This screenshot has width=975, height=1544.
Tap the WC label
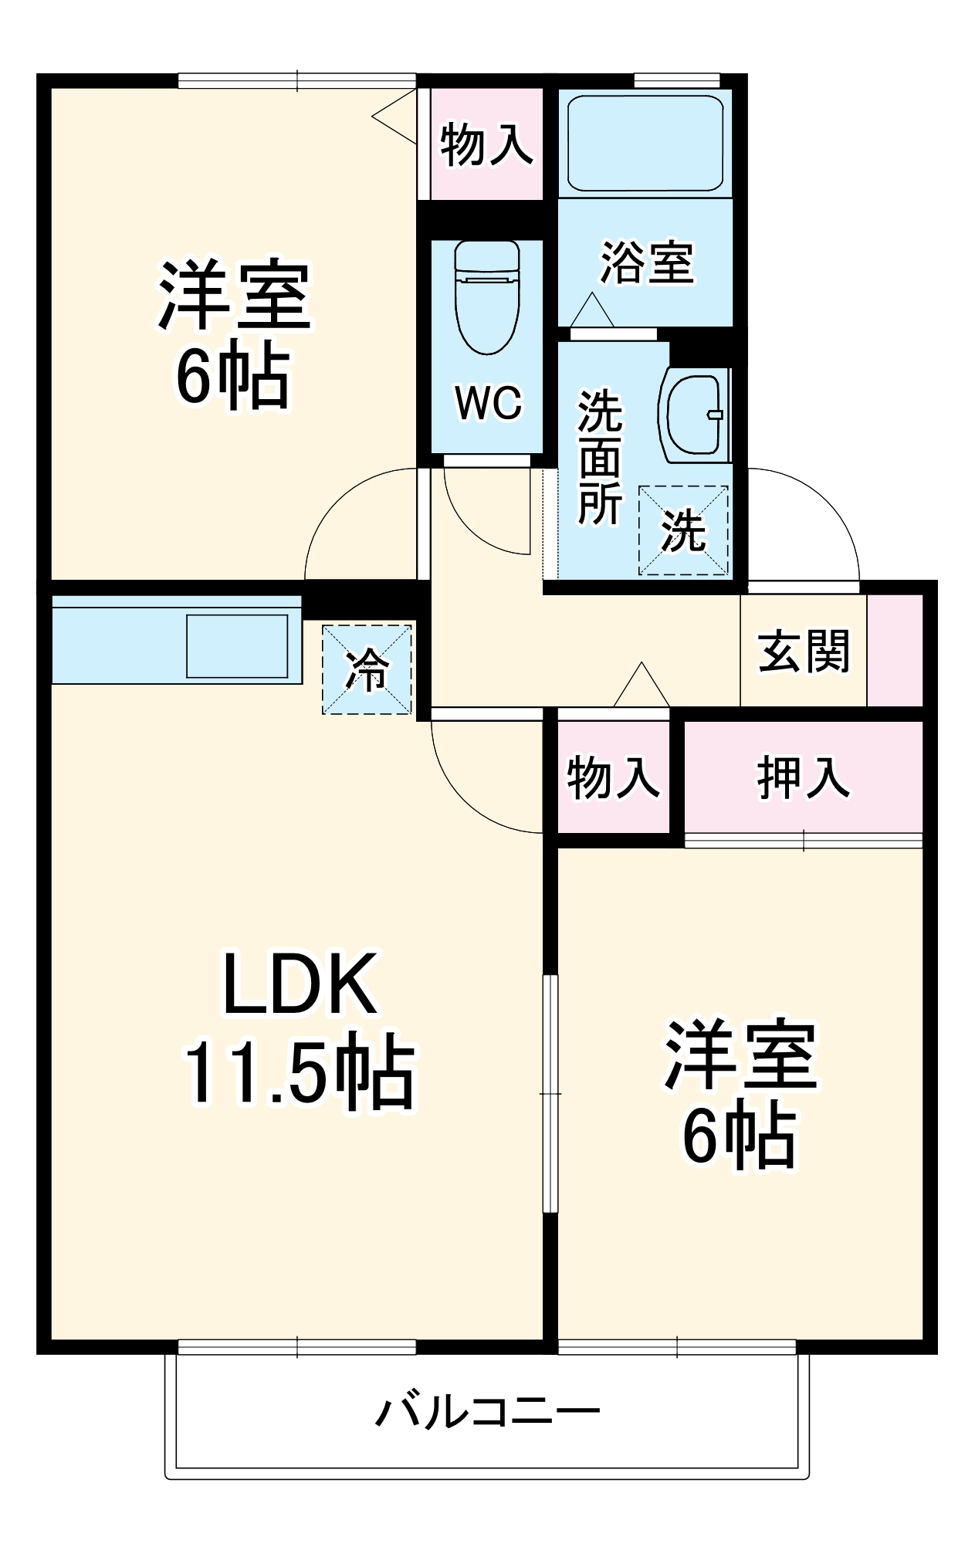tap(488, 403)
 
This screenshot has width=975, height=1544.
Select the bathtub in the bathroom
tap(645, 143)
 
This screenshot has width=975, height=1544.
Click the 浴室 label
tap(647, 262)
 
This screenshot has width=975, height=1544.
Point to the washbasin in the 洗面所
tap(694, 415)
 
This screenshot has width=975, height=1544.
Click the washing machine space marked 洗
tap(683, 531)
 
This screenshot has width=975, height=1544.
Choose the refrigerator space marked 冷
tap(367, 669)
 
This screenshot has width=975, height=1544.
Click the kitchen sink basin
tap(237, 646)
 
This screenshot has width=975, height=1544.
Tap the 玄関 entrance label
tap(804, 652)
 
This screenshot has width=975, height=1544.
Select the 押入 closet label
tap(804, 777)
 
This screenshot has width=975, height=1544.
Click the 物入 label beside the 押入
tap(613, 777)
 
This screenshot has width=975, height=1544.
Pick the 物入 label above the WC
tap(486, 144)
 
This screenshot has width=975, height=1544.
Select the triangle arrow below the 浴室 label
tap(592, 310)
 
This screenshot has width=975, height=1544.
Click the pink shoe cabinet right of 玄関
tap(895, 650)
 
